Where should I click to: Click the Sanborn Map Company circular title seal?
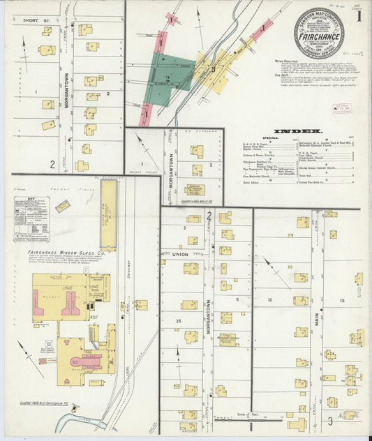[x=318, y=33]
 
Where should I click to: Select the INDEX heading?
[x=297, y=131]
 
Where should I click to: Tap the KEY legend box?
[x=31, y=218]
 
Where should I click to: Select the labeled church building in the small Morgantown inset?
[x=195, y=189]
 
